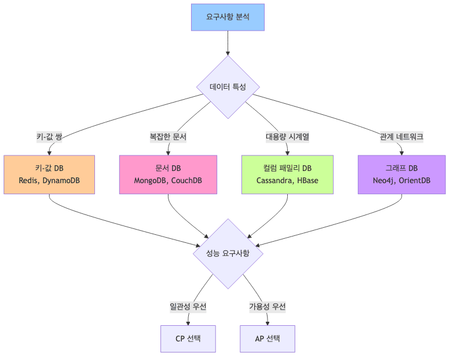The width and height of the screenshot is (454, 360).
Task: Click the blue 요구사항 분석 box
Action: [228, 17]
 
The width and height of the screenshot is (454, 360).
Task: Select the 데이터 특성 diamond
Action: [228, 87]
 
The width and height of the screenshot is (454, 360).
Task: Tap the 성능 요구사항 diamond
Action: [228, 253]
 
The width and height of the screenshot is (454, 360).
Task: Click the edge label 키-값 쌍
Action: [49, 137]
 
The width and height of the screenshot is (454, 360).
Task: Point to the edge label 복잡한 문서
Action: [168, 137]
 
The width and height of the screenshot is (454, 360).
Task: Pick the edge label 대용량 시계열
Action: [287, 137]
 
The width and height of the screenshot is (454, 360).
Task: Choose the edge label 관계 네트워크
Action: [401, 137]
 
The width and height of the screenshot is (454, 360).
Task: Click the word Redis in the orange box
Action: [30, 181]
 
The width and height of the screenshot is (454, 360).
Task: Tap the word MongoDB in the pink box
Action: [151, 181]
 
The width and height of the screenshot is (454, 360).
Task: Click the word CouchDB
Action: [186, 181]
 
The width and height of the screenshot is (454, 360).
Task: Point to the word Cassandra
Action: [276, 181]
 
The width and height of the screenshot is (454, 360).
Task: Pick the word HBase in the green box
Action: [307, 181]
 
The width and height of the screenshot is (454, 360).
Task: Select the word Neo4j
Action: [385, 181]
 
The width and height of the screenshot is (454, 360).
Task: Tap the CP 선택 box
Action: [188, 339]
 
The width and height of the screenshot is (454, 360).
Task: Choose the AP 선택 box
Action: [267, 339]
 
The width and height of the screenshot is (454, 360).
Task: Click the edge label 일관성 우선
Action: [188, 307]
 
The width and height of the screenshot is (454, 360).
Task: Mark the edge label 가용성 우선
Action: [267, 307]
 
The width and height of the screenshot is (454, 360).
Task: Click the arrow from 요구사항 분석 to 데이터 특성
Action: [228, 43]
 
